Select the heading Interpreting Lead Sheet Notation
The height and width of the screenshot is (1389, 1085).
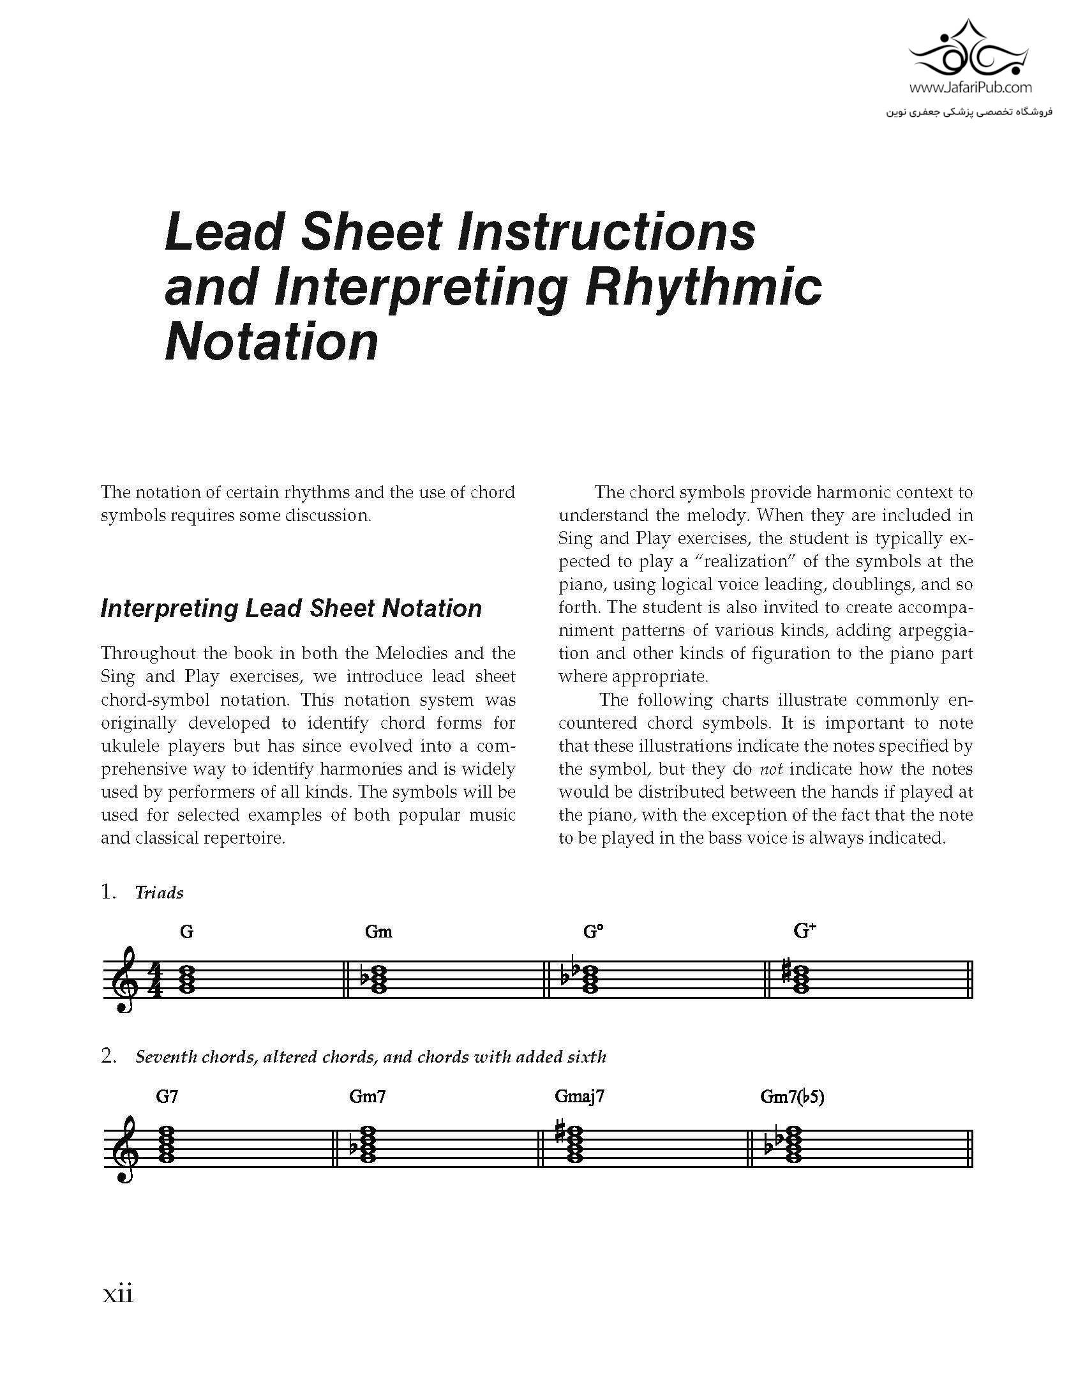click(x=291, y=608)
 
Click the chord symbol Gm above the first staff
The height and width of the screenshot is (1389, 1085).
click(x=378, y=932)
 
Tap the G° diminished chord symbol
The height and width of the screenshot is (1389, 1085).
click(x=593, y=932)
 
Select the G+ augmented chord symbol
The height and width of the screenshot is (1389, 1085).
click(x=805, y=931)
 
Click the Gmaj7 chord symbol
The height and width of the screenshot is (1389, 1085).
click(x=580, y=1097)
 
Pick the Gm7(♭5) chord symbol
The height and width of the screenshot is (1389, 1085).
click(x=793, y=1097)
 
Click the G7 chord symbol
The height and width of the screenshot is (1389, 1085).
click(x=167, y=1097)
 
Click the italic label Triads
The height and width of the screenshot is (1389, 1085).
click(x=159, y=893)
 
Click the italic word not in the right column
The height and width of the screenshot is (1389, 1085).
click(x=773, y=769)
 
